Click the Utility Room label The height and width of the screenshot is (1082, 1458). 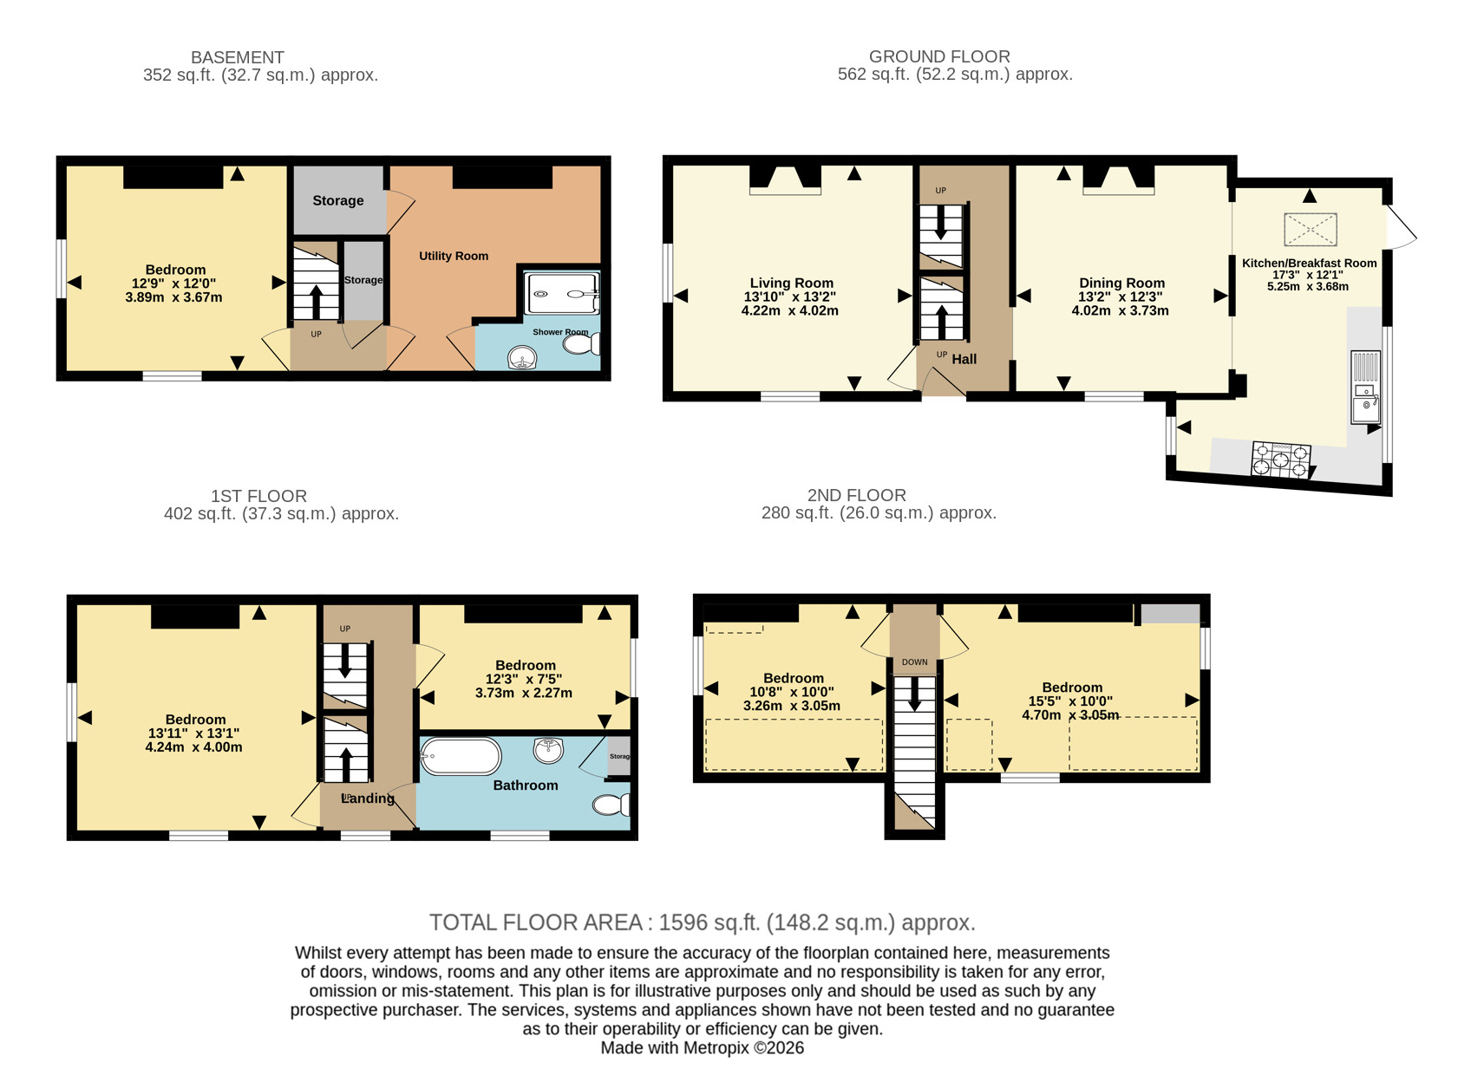[x=454, y=256]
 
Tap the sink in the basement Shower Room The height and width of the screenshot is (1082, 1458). [x=523, y=357]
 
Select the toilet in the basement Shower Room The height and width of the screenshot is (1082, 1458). [x=582, y=344]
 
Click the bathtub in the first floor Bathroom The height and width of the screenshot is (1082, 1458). [x=461, y=757]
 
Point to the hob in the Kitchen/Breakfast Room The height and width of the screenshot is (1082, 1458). [x=1280, y=460]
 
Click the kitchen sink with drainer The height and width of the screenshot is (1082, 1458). [x=1365, y=388]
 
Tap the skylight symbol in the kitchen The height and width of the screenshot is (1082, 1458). [x=1310, y=230]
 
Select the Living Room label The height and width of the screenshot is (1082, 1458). [x=791, y=283]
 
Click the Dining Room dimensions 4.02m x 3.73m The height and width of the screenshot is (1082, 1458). [x=1120, y=310]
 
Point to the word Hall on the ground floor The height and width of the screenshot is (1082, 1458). [x=964, y=359]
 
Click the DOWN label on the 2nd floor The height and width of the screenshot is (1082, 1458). [x=914, y=662]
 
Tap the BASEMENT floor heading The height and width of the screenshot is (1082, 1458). [x=238, y=57]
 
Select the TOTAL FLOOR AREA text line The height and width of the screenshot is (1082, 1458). [x=702, y=922]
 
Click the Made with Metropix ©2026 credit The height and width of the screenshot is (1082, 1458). [x=702, y=1047]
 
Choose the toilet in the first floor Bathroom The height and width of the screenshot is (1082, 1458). [x=611, y=805]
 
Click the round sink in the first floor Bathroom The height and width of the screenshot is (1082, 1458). [x=548, y=750]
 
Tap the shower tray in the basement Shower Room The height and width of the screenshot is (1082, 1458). [x=563, y=294]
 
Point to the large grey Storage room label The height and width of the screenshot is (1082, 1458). [x=338, y=200]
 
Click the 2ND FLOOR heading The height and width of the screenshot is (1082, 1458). [x=857, y=495]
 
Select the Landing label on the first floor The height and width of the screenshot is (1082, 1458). [x=368, y=798]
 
